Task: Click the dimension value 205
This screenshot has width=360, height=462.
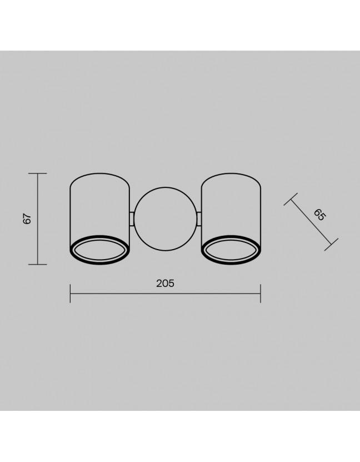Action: pos(165,283)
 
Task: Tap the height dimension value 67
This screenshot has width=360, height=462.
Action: pos(27,218)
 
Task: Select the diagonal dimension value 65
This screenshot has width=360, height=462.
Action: pos(319,215)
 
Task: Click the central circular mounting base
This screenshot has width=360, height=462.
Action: pos(165,219)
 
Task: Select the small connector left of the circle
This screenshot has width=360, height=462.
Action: pos(132,219)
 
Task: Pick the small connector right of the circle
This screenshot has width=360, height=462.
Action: pos(199,219)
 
